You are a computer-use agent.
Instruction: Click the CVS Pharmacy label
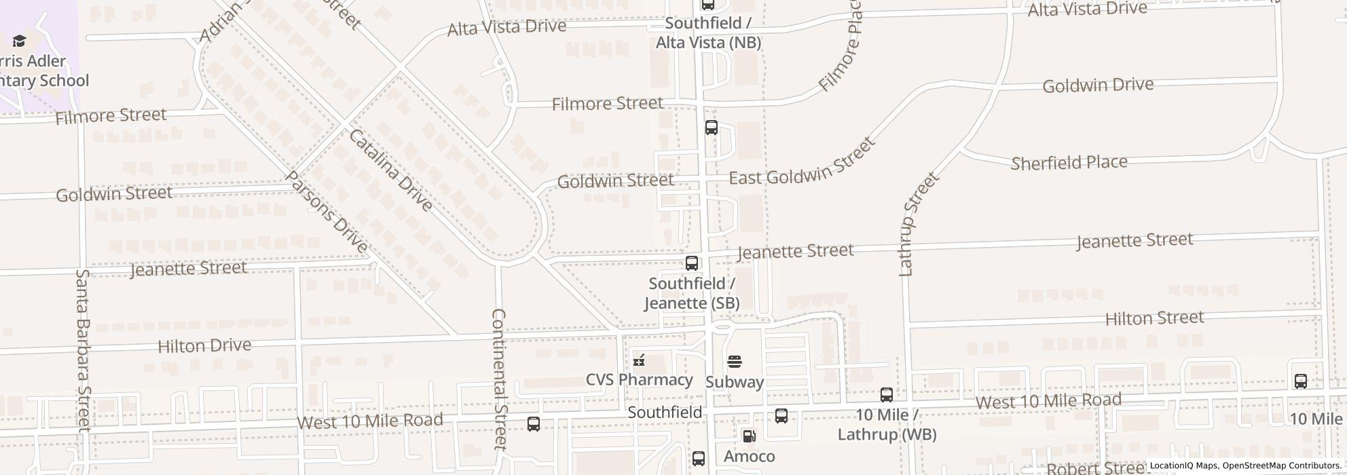pyautogui.click(x=639, y=379)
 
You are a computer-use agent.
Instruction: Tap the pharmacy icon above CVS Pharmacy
pyautogui.click(x=639, y=360)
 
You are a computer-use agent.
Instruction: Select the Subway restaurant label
pyautogui.click(x=735, y=382)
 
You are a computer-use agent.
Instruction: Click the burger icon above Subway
pyautogui.click(x=735, y=362)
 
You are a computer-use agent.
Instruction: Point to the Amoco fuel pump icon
pyautogui.click(x=749, y=436)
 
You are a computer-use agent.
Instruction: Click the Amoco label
pyautogui.click(x=749, y=456)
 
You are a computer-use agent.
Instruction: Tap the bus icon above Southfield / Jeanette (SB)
pyautogui.click(x=692, y=263)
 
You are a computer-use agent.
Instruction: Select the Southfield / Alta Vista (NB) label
pyautogui.click(x=708, y=33)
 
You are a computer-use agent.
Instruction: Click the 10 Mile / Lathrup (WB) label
pyautogui.click(x=887, y=425)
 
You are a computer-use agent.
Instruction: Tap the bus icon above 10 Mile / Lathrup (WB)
pyautogui.click(x=887, y=395)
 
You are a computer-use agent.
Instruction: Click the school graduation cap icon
pyautogui.click(x=19, y=41)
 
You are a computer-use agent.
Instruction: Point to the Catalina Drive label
pyautogui.click(x=390, y=170)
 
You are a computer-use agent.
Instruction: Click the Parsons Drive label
pyautogui.click(x=326, y=212)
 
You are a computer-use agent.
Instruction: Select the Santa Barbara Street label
pyautogui.click(x=83, y=350)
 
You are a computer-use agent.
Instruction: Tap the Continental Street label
pyautogui.click(x=499, y=379)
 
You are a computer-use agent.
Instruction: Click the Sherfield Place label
pyautogui.click(x=1069, y=163)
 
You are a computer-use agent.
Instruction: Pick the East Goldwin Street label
pyautogui.click(x=801, y=163)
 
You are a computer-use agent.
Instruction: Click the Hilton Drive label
pyautogui.click(x=204, y=346)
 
